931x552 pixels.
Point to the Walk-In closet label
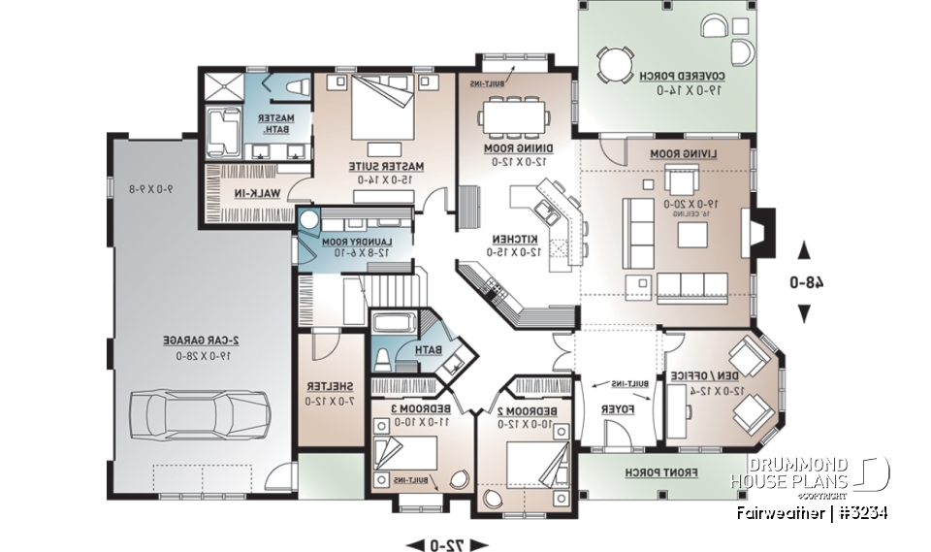coord(250,193)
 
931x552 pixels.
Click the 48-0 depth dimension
coord(804,283)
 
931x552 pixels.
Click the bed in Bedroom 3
coord(404,456)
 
